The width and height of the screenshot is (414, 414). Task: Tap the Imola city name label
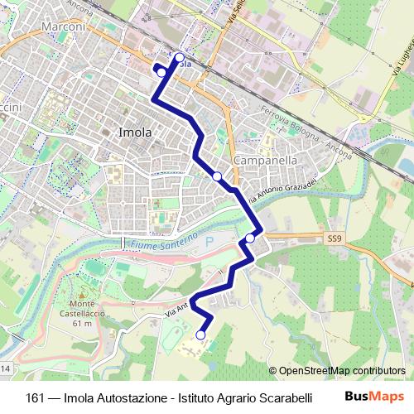click(135, 132)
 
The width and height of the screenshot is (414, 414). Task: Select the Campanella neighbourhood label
click(266, 159)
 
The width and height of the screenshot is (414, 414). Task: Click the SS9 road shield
click(334, 238)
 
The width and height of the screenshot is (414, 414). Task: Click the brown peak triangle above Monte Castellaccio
click(81, 293)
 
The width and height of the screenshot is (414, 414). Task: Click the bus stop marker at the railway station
click(180, 58)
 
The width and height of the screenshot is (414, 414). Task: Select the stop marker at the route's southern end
click(200, 335)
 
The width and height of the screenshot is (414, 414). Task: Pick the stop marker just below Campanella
click(217, 176)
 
